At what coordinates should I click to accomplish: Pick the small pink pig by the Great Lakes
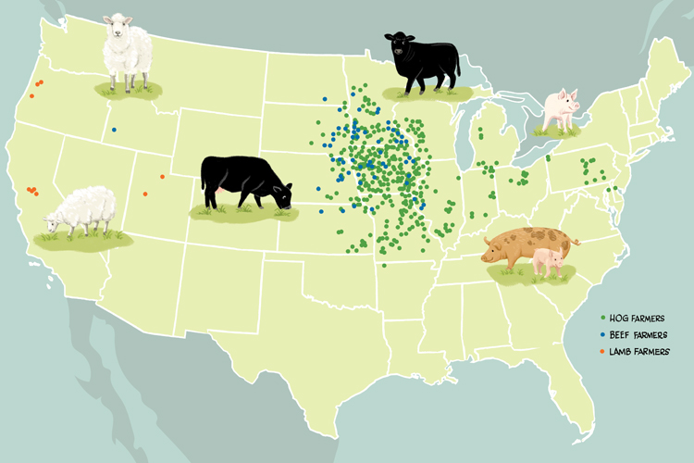(560, 110)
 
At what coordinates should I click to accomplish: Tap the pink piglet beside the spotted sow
(549, 262)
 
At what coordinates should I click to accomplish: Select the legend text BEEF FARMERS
(641, 334)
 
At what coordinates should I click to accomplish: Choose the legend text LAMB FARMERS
(641, 351)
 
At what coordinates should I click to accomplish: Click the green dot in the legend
(602, 319)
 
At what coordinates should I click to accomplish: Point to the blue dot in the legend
(602, 334)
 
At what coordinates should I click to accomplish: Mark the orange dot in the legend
(602, 351)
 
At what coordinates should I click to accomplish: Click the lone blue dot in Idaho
(114, 130)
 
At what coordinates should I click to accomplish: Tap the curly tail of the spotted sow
(576, 243)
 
